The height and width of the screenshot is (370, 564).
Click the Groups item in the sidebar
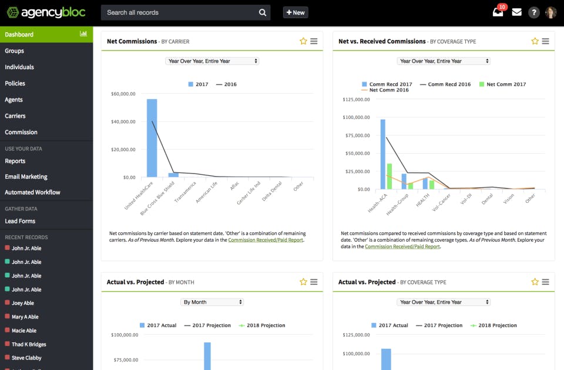[x=15, y=51]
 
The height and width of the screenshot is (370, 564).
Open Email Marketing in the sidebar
[x=26, y=176]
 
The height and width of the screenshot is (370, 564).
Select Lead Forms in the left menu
[x=20, y=221]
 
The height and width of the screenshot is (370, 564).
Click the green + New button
[x=296, y=12]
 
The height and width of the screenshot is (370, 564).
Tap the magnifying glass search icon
[x=262, y=12]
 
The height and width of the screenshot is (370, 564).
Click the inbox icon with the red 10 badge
[x=498, y=12]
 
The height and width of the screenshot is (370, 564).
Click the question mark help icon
[x=533, y=12]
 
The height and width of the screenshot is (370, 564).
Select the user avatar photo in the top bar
[x=551, y=12]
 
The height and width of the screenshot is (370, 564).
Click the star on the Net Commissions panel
[x=303, y=41]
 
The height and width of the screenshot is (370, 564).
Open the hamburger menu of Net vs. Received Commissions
[x=545, y=41]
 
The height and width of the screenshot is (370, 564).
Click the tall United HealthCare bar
[x=152, y=138]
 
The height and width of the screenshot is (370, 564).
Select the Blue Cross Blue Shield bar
[x=173, y=175]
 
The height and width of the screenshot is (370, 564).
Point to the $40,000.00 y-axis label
[x=123, y=122]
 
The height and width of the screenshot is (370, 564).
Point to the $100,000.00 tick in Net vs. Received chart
[x=356, y=117]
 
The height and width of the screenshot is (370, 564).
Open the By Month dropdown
[x=212, y=302]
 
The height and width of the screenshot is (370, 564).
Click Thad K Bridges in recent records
[x=29, y=344]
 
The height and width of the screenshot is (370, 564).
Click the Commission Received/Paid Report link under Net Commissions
[x=266, y=240]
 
